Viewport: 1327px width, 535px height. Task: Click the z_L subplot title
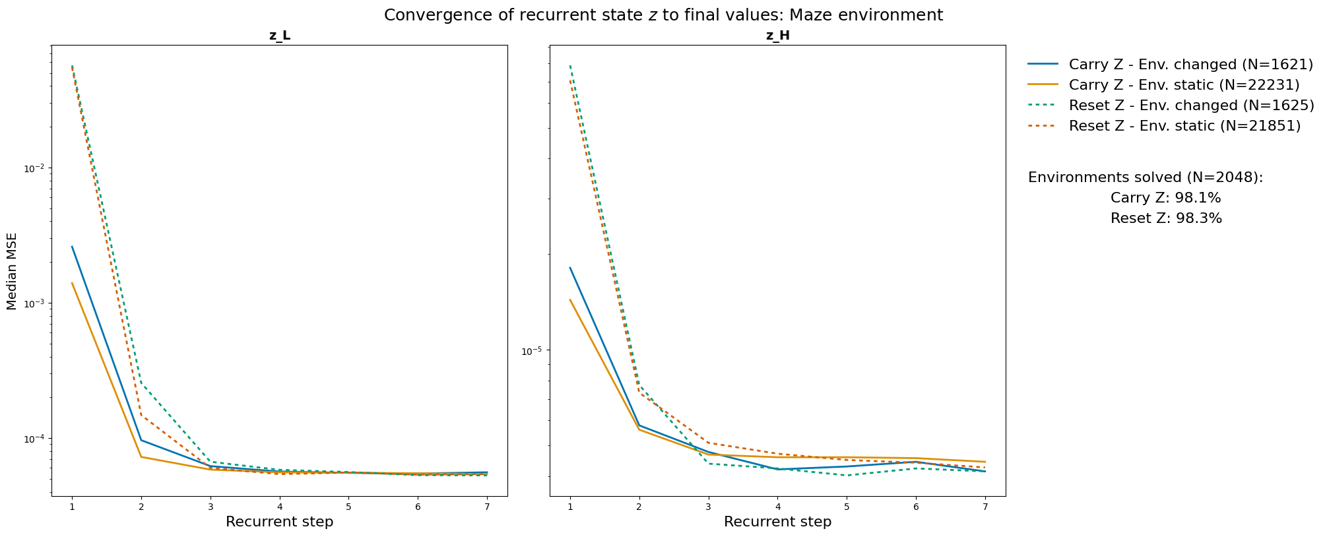tap(279, 36)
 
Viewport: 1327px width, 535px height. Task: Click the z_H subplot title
tap(777, 36)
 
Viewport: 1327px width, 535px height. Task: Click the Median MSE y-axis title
tap(12, 270)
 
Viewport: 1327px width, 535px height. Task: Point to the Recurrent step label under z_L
tap(279, 522)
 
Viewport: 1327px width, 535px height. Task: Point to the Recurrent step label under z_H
tap(777, 522)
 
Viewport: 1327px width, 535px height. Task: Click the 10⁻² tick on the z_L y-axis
tap(34, 169)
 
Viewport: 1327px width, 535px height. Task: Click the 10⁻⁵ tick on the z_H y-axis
tap(533, 351)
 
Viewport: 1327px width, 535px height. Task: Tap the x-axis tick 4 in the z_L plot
tap(279, 506)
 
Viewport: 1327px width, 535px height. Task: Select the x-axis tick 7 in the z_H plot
tap(985, 506)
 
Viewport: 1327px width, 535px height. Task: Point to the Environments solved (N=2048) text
tap(1145, 177)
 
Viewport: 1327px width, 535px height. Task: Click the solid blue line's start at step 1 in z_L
tap(72, 247)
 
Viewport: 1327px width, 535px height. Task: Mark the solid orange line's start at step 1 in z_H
tap(570, 299)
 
